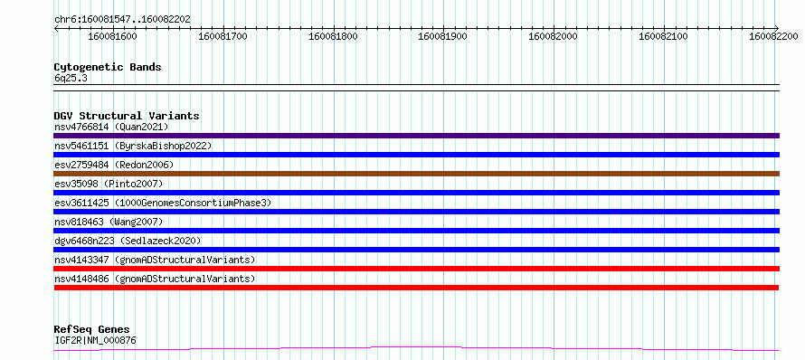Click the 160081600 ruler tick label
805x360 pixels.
coord(112,36)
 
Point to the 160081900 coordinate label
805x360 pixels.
coord(443,36)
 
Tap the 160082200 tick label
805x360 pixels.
coord(773,36)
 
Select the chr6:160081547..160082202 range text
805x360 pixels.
coord(122,20)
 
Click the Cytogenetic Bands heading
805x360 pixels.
coord(108,67)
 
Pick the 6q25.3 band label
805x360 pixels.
coord(67,79)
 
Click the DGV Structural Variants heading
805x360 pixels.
coord(127,116)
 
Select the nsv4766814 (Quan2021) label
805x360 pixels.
coord(111,127)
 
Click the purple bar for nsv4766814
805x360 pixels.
coord(416,136)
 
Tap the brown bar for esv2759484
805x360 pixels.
coord(416,174)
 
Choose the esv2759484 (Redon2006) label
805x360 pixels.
coord(114,165)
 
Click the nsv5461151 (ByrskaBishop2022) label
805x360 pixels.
coord(133,146)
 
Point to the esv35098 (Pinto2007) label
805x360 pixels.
coord(109,184)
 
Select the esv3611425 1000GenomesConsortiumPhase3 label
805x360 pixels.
coord(163,203)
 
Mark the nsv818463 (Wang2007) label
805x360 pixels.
coord(109,222)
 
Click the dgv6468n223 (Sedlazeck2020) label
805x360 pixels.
coord(128,241)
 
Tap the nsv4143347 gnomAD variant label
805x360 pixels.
coord(155,260)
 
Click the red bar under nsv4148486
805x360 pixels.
coord(416,288)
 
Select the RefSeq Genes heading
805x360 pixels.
coord(92,329)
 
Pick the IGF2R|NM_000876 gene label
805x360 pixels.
coord(95,340)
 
